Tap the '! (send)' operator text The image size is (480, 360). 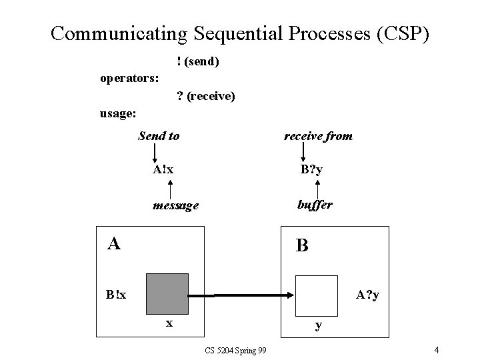click(x=198, y=61)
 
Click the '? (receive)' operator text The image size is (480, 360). click(x=205, y=97)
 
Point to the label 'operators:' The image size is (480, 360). click(x=129, y=79)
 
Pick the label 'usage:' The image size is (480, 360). click(x=118, y=114)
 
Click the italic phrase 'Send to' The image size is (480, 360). click(x=159, y=136)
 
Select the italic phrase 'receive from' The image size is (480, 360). click(x=318, y=136)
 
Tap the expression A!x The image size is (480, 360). click(x=163, y=169)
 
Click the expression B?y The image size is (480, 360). click(x=311, y=169)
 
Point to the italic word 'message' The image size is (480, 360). click(x=175, y=205)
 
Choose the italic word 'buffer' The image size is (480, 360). click(x=314, y=205)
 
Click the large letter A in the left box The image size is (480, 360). click(x=115, y=243)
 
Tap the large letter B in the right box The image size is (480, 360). click(x=302, y=245)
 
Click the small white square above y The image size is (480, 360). click(x=317, y=295)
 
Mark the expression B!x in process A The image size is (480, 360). click(x=119, y=295)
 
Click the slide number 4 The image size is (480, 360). click(x=435, y=350)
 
